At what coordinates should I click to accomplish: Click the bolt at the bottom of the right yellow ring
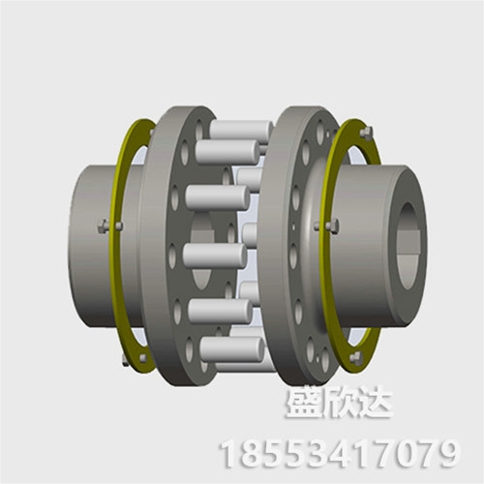pyautogui.click(x=357, y=356)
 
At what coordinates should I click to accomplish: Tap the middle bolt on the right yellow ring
pyautogui.click(x=334, y=227)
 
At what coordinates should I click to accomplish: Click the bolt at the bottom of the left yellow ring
pyautogui.click(x=127, y=362)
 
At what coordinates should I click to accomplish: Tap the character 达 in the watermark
pyautogui.click(x=374, y=405)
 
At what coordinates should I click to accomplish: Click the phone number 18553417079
pyautogui.click(x=339, y=451)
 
